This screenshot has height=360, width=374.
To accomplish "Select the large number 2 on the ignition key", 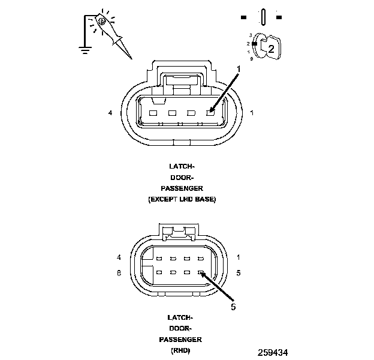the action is point(271,49).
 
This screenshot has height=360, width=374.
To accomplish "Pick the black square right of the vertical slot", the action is point(279,16).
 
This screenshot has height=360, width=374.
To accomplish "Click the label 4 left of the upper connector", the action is point(110,113).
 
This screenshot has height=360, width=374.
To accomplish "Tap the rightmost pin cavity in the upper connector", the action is point(210,113).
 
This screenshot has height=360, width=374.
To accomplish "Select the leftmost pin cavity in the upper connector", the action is point(153,113).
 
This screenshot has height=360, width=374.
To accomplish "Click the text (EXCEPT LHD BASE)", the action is point(182,199).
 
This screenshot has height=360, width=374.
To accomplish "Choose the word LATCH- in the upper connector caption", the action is point(182,166).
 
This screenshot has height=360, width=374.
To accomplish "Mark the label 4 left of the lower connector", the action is point(119,258).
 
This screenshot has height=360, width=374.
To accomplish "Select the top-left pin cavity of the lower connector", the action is point(158,259).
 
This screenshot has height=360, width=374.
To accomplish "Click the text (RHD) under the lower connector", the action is point(180,350).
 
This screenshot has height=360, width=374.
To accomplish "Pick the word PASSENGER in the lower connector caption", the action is point(180,339).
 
